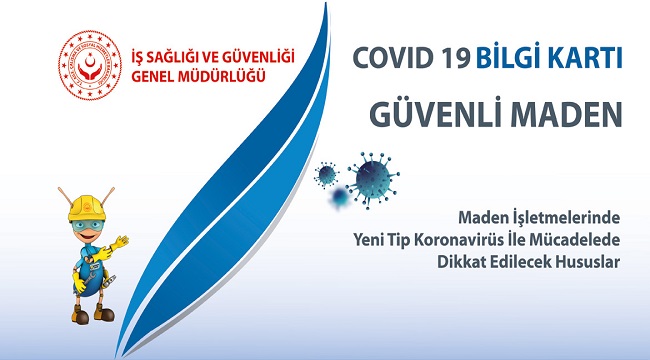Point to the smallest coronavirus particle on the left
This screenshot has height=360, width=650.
[x=327, y=175]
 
